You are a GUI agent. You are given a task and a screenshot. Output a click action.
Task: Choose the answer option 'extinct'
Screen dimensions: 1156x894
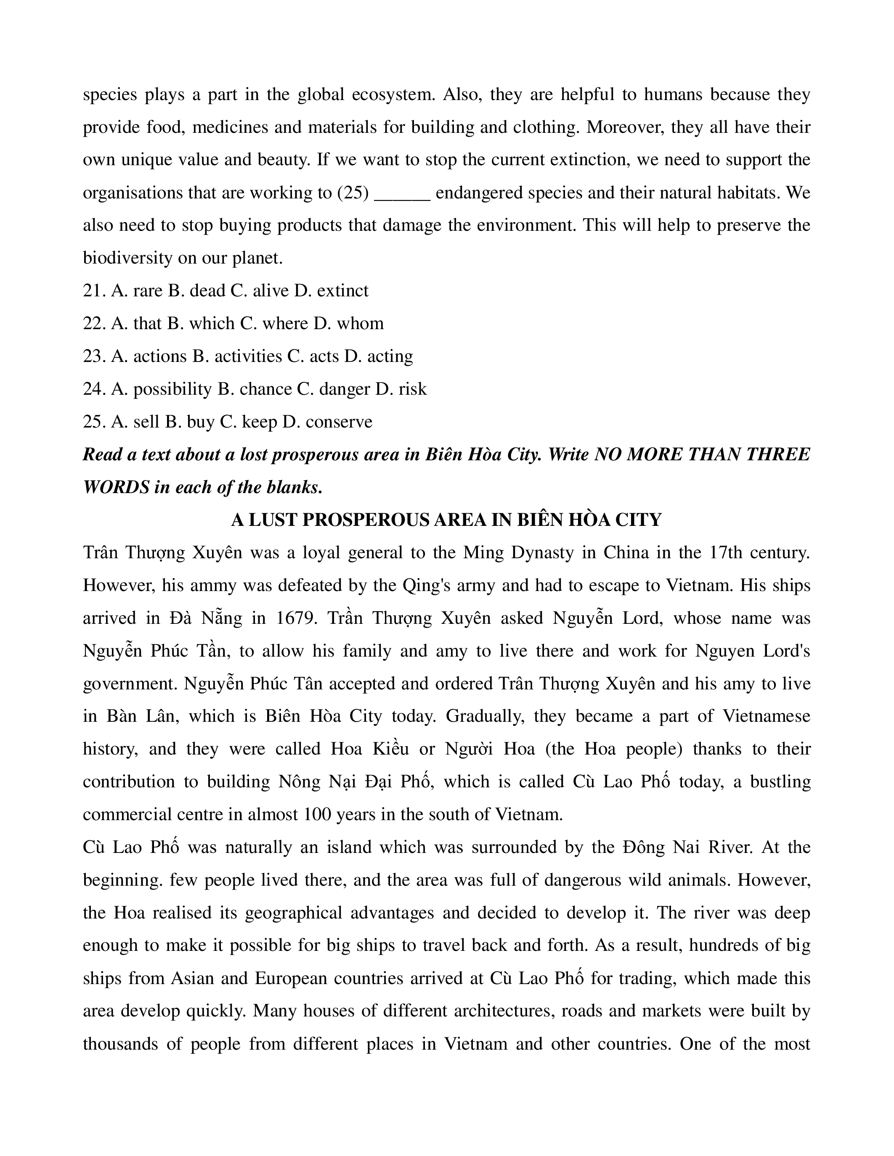(342, 290)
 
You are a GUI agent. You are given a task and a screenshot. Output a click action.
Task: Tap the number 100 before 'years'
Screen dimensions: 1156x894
(317, 815)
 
